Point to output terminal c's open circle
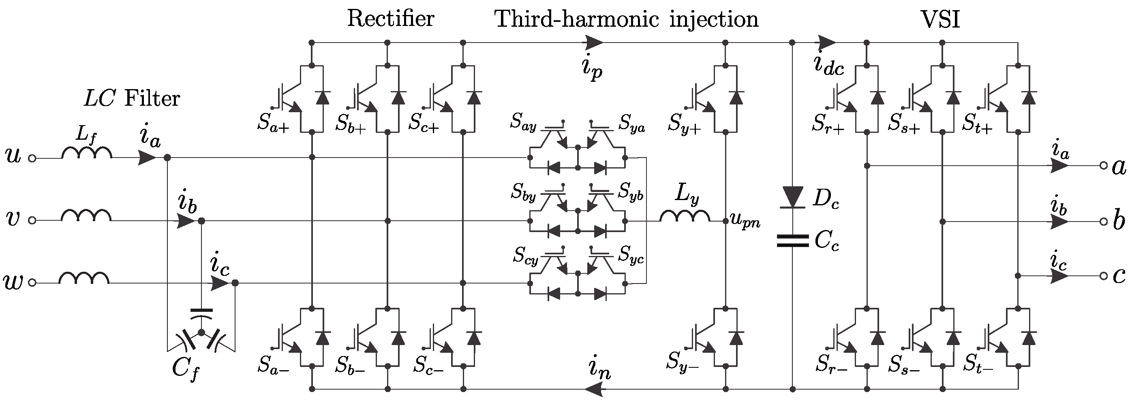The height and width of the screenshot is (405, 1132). pyautogui.click(x=1104, y=276)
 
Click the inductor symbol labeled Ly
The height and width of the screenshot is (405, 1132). pyautogui.click(x=685, y=217)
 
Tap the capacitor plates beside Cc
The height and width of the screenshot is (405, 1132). pyautogui.click(x=793, y=241)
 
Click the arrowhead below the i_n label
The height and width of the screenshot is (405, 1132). pyautogui.click(x=593, y=389)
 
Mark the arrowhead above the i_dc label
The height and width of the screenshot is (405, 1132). pyautogui.click(x=827, y=43)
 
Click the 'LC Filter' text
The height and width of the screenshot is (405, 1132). pyautogui.click(x=132, y=98)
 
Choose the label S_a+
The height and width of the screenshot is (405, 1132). pyautogui.click(x=273, y=124)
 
